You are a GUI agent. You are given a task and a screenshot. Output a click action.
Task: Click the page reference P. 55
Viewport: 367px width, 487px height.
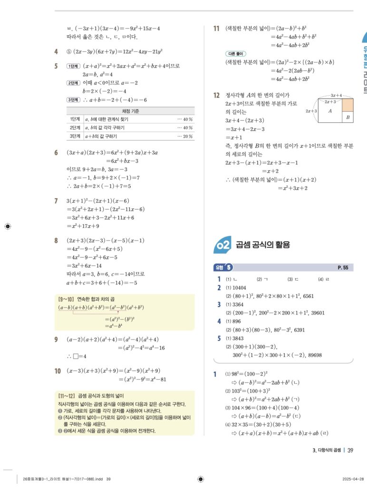pyautogui.click(x=343, y=268)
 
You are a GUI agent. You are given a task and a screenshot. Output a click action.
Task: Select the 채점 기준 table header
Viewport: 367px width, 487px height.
pyautogui.click(x=131, y=111)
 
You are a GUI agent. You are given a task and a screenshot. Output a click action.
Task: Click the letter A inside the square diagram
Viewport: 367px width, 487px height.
pyautogui.click(x=330, y=111)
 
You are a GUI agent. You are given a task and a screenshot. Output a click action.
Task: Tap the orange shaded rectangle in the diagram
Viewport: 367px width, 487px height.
pyautogui.click(x=348, y=105)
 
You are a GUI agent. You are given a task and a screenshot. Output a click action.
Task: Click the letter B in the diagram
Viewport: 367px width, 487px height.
pyautogui.click(x=348, y=117)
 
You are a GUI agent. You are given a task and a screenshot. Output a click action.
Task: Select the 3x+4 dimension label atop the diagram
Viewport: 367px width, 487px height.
pyautogui.click(x=336, y=96)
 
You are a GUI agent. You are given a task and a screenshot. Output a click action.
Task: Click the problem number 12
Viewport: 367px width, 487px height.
pyautogui.click(x=216, y=96)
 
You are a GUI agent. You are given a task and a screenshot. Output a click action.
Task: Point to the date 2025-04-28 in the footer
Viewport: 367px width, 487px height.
pyautogui.click(x=353, y=479)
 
